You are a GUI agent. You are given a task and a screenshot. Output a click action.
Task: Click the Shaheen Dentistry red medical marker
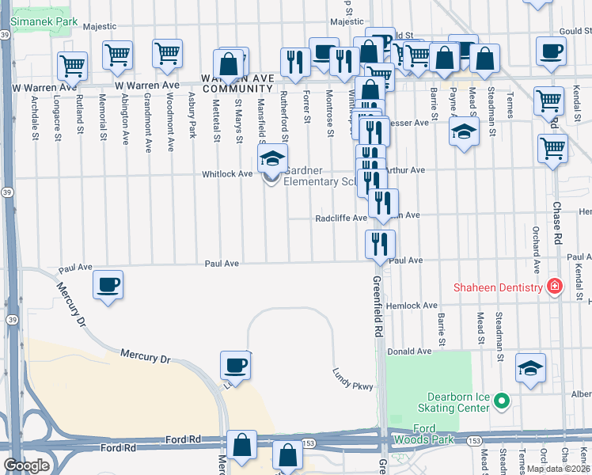click(x=555, y=287)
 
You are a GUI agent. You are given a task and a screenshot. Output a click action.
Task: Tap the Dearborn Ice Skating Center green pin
click(x=500, y=401)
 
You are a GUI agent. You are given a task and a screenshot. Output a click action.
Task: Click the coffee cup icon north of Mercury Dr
click(x=108, y=285)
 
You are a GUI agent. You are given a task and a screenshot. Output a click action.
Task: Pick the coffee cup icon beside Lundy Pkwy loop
click(x=234, y=365)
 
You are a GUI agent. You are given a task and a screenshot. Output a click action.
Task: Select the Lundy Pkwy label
click(x=352, y=375)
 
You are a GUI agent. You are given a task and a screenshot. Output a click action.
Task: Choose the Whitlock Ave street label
click(x=227, y=173)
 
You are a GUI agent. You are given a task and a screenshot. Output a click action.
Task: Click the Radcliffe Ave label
click(x=341, y=218)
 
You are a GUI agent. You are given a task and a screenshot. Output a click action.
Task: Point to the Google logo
click(x=27, y=465)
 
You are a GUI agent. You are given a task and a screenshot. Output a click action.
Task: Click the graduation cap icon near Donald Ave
click(x=530, y=367)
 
